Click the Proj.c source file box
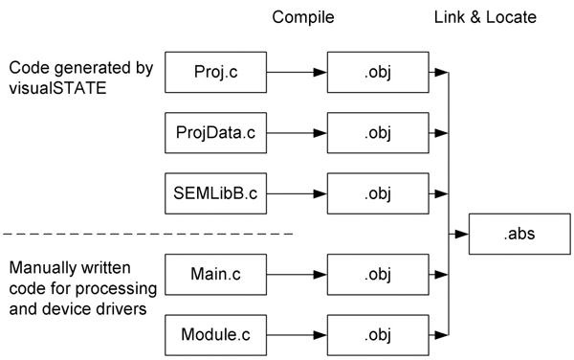(214, 71)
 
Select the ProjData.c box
(214, 132)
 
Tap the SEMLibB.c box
(214, 193)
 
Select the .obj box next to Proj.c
(380, 71)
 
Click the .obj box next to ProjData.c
(380, 132)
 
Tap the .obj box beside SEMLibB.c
(380, 193)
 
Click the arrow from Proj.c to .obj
(297, 71)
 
